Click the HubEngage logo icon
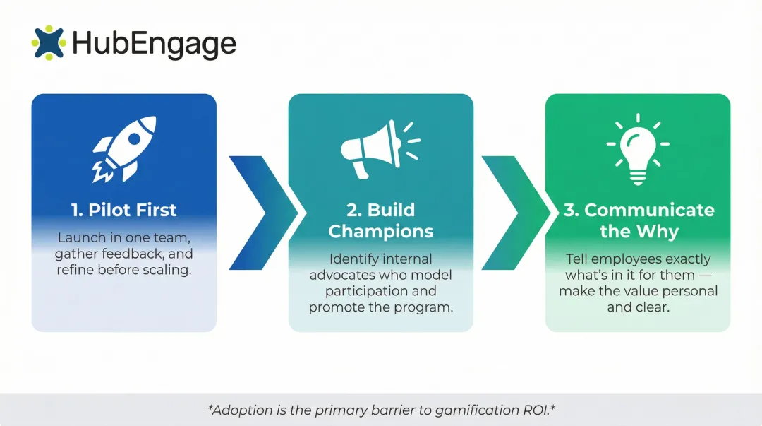tap(48, 43)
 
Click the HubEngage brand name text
tap(154, 44)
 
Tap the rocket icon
tap(124, 149)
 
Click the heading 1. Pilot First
tap(124, 210)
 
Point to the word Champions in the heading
tap(381, 231)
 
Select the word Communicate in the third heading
tap(649, 210)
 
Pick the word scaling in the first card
tap(168, 269)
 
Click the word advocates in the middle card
tap(342, 275)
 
